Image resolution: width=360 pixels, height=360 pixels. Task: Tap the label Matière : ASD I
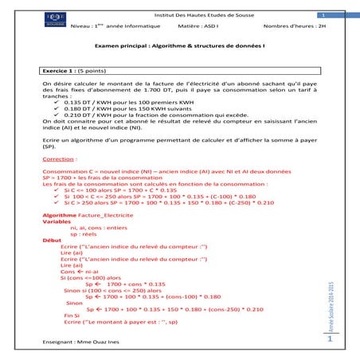pyautogui.click(x=198, y=28)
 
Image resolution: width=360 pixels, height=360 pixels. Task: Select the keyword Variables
pyautogui.click(x=57, y=225)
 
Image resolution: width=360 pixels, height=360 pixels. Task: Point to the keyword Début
pyautogui.click(x=52, y=239)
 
